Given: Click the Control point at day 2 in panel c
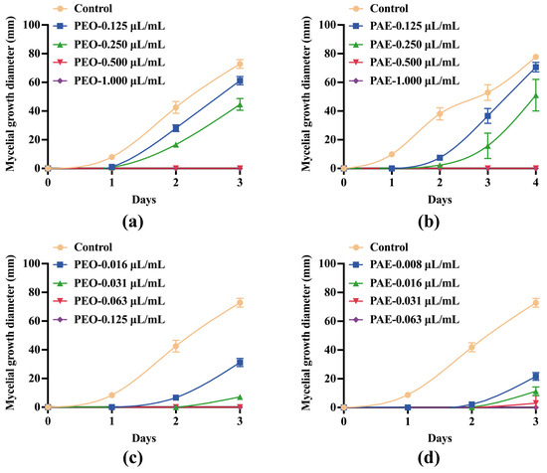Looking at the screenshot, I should point(176,346).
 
